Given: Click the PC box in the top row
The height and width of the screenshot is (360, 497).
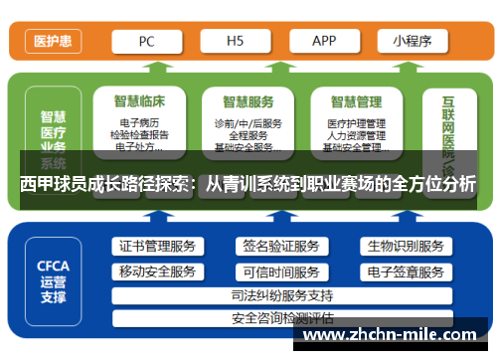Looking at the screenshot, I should pyautogui.click(x=146, y=41).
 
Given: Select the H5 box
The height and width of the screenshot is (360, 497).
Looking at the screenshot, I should pyautogui.click(x=236, y=41).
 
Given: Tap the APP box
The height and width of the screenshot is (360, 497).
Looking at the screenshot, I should pyautogui.click(x=324, y=41).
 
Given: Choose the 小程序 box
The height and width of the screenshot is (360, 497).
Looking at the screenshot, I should pyautogui.click(x=413, y=41).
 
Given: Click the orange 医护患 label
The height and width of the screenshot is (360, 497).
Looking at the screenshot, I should pyautogui.click(x=52, y=42).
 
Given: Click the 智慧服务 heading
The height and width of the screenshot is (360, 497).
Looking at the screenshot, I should pyautogui.click(x=248, y=100).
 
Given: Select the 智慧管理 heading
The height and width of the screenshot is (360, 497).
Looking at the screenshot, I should pyautogui.click(x=356, y=100).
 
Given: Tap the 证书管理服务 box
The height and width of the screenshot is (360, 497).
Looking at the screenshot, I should pyautogui.click(x=157, y=246).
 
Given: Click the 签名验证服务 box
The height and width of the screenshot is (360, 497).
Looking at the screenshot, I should pyautogui.click(x=281, y=246).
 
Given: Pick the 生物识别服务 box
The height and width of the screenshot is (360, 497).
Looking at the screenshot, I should pyautogui.click(x=405, y=246).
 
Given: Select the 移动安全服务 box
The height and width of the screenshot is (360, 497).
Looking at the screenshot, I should pyautogui.click(x=157, y=271).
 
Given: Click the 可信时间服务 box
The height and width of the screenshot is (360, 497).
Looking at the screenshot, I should pyautogui.click(x=281, y=271).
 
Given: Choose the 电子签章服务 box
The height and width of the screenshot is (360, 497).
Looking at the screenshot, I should pyautogui.click(x=405, y=271).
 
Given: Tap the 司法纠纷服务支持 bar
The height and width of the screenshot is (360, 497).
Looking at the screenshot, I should pyautogui.click(x=281, y=295).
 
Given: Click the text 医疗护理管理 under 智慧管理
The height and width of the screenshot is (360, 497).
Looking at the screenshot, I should pyautogui.click(x=355, y=123).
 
